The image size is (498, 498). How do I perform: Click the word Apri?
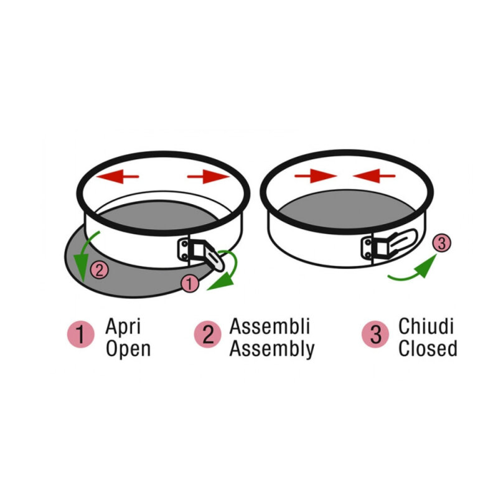coord(123,326)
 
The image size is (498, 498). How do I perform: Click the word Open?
coord(128,349)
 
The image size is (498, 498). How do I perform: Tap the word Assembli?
coord(270,326)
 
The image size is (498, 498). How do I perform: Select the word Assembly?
coord(272,349)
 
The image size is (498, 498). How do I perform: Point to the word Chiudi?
coord(426,326)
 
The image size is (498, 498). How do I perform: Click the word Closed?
coord(428,349)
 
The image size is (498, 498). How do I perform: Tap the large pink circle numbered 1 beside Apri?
coord(81,334)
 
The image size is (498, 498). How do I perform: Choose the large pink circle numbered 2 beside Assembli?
coord(208,334)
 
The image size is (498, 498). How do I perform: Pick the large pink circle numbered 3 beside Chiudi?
coord(375,334)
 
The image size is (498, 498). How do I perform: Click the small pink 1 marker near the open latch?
coord(190,284)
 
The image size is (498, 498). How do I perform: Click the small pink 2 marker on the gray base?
coord(100,270)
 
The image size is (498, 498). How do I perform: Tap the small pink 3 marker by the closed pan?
coord(441,243)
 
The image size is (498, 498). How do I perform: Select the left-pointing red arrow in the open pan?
coord(118,177)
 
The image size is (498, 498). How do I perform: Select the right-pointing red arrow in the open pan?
coord(209,177)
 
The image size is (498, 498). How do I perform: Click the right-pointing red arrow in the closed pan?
coord(316,176)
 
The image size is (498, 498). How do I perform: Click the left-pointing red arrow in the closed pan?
coord(374,176)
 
